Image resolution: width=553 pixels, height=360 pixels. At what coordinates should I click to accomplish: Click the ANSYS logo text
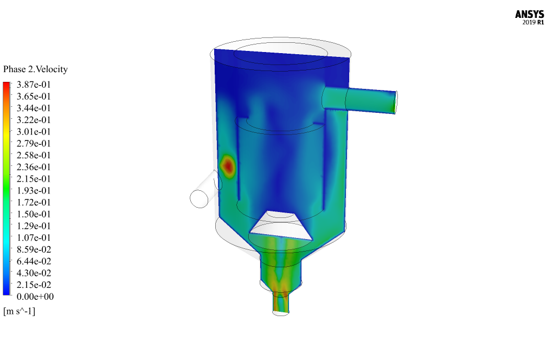tap(529, 14)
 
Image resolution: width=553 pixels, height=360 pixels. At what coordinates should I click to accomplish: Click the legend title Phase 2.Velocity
tap(35, 69)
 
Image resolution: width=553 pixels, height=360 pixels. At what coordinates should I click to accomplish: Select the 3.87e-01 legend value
tap(34, 85)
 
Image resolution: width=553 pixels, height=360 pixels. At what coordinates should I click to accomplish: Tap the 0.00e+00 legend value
tap(35, 297)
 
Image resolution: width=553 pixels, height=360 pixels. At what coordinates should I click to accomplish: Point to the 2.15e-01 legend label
tap(34, 179)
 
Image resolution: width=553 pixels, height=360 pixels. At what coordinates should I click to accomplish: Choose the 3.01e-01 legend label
tap(34, 132)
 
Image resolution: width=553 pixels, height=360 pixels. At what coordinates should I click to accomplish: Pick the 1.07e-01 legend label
tap(34, 237)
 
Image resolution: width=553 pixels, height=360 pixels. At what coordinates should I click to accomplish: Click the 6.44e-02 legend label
tap(34, 261)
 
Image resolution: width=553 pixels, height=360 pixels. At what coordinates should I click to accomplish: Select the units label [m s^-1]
tap(20, 311)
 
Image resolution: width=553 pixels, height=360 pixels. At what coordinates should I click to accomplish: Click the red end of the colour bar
tap(7, 85)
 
